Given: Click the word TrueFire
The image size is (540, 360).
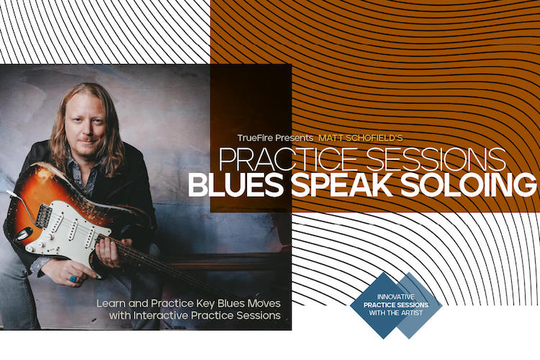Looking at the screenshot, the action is [255, 138].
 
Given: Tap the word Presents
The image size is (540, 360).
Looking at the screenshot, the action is [294, 138].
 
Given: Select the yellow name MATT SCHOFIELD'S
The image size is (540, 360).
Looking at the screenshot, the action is [360, 138].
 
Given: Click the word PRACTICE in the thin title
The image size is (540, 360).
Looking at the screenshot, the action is [287, 160].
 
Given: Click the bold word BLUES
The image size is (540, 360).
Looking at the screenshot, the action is [236, 185].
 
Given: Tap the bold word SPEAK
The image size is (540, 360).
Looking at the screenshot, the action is [342, 185].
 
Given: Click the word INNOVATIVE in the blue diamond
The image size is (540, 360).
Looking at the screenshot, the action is [396, 297].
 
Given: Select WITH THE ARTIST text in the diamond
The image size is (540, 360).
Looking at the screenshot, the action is [396, 312].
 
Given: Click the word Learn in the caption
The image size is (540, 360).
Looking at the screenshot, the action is [111, 304].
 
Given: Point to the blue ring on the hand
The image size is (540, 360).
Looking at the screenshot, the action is [73, 279].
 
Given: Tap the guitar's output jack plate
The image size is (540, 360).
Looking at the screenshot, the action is [24, 234].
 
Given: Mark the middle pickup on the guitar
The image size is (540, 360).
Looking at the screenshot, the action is [73, 230].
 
